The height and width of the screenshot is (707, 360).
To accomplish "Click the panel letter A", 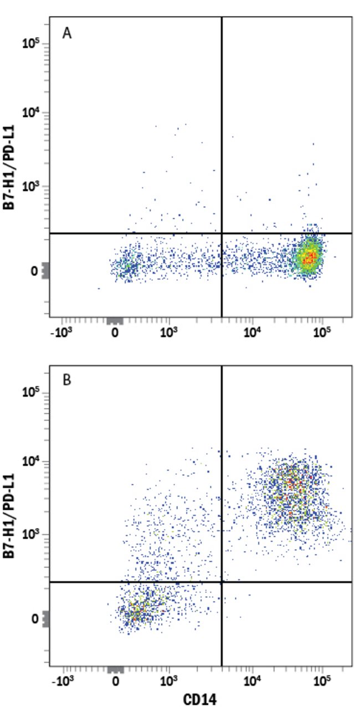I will tap(67, 34).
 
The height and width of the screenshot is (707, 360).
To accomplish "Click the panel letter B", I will tap(67, 383).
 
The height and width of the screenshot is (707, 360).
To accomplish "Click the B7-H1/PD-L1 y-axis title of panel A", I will tap(9, 167).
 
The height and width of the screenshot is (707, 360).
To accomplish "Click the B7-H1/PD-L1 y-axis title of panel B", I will tap(9, 515).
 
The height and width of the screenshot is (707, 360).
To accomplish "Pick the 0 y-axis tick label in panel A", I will tap(34, 271).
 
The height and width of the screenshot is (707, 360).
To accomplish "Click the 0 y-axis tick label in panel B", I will tap(34, 619).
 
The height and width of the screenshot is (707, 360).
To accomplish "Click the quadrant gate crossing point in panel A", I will tap(222, 233).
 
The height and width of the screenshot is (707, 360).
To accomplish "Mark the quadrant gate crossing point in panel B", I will tap(222, 582).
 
